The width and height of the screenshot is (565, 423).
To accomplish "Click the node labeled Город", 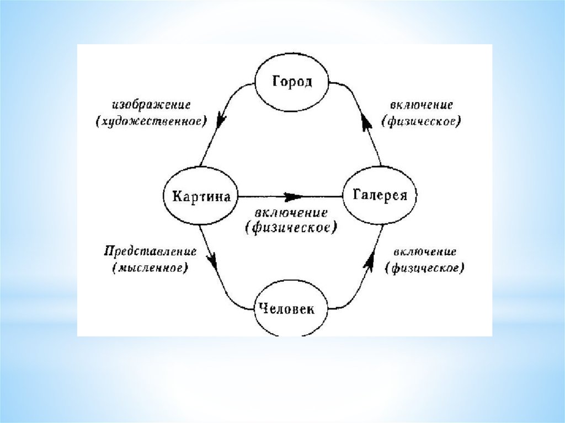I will [x=292, y=82].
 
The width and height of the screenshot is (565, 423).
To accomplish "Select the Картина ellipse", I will [x=201, y=196].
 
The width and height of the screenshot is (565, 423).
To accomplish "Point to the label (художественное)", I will [x=151, y=121].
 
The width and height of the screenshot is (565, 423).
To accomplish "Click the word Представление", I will [x=150, y=252].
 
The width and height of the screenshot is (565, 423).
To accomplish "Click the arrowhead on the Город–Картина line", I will [x=222, y=117].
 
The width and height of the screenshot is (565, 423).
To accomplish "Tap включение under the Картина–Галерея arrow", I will [x=291, y=212].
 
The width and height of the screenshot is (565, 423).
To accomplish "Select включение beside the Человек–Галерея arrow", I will [x=425, y=252].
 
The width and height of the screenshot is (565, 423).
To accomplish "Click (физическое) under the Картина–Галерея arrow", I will [x=291, y=227].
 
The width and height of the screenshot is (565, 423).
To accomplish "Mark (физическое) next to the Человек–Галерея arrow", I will [x=425, y=269].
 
